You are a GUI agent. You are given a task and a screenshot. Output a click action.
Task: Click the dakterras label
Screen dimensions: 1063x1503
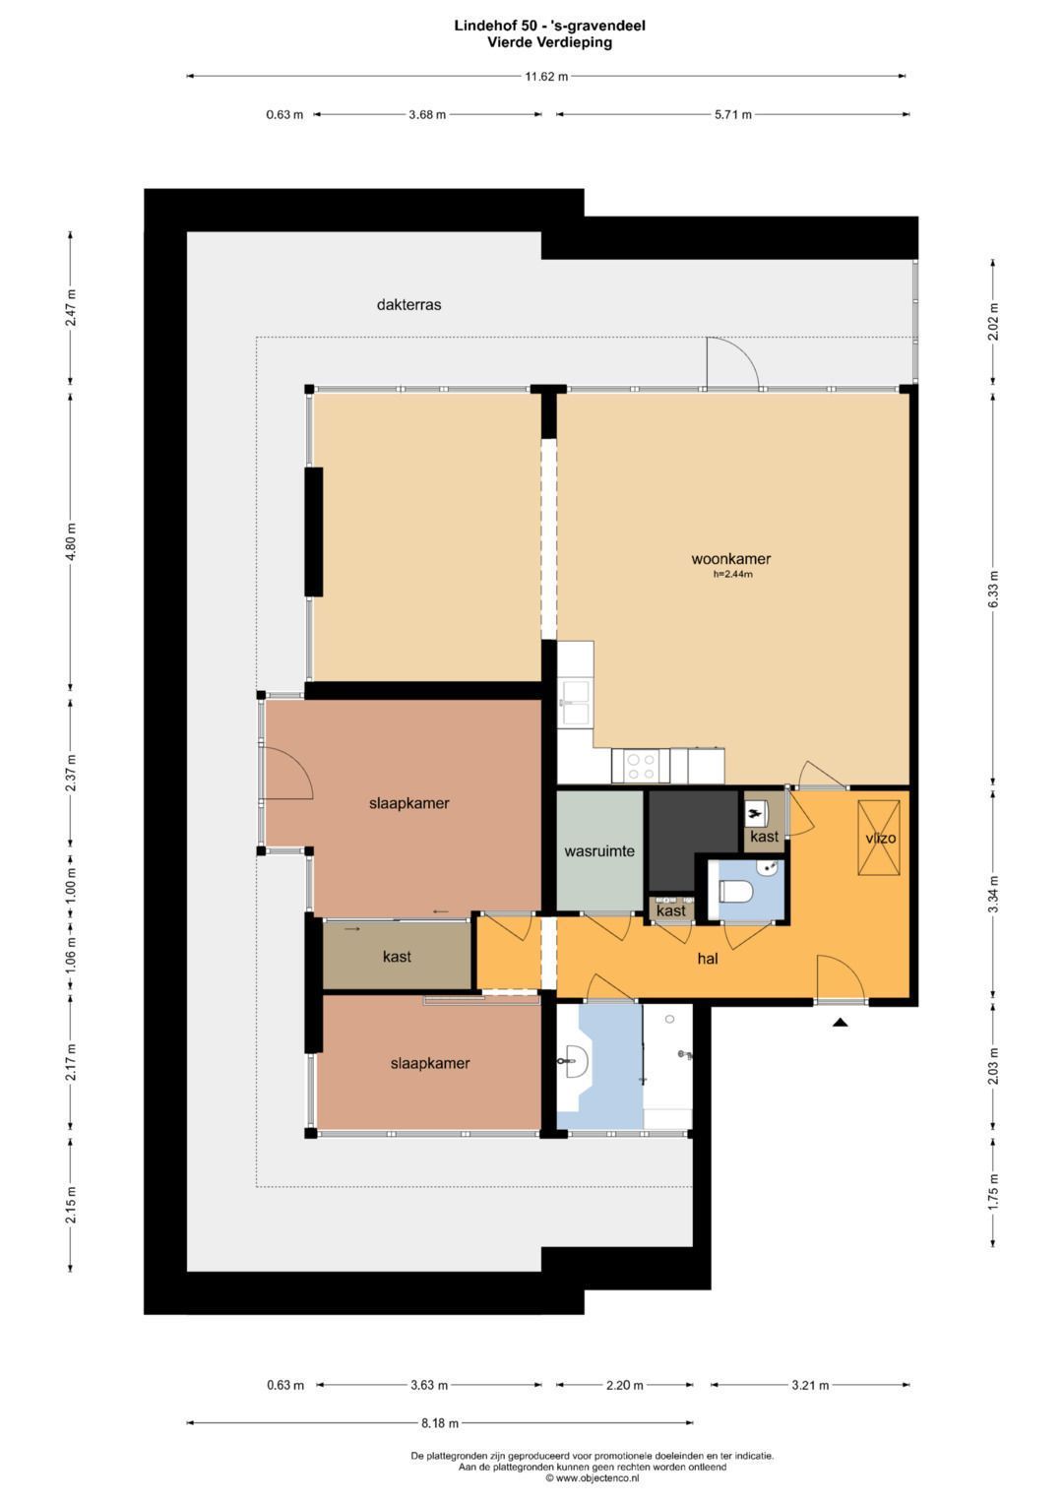(x=408, y=304)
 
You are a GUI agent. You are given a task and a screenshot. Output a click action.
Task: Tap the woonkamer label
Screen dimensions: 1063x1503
(x=730, y=558)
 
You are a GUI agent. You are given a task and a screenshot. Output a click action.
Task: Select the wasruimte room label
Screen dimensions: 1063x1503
(x=599, y=851)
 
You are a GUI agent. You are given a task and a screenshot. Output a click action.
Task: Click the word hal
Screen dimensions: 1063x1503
(x=708, y=959)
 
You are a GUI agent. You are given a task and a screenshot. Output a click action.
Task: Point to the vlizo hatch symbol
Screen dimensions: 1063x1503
(x=878, y=838)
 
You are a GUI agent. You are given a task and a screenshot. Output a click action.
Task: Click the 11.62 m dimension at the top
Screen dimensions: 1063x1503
(x=546, y=77)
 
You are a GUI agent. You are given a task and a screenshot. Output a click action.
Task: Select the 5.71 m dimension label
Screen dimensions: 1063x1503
(x=733, y=115)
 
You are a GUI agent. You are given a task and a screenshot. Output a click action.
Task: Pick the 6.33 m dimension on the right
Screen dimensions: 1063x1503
(x=993, y=590)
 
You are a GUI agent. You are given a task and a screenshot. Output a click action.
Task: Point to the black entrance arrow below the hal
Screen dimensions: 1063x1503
(x=841, y=1023)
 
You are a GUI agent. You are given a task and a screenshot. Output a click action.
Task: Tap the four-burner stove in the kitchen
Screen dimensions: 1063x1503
(x=640, y=766)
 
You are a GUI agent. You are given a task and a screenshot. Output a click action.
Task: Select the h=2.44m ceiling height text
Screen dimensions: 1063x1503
(x=732, y=575)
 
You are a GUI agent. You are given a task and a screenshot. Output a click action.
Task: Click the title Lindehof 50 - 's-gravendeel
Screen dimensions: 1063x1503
(x=549, y=27)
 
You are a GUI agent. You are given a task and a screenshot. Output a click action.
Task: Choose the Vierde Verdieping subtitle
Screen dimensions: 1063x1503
(x=549, y=42)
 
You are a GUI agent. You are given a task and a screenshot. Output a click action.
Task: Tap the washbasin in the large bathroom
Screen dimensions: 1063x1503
(x=574, y=1061)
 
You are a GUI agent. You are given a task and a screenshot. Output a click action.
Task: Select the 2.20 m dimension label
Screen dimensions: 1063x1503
(x=624, y=1385)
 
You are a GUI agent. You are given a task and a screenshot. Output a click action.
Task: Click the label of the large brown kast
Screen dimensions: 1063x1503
(x=397, y=956)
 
